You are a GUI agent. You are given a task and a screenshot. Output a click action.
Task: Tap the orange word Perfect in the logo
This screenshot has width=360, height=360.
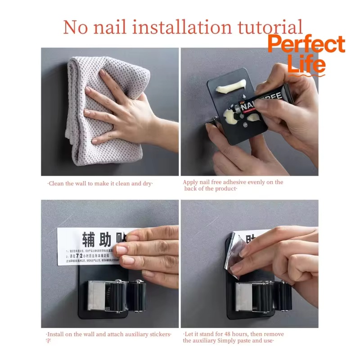(306, 45)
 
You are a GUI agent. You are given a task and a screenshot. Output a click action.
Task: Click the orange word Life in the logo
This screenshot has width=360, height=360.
(306, 63)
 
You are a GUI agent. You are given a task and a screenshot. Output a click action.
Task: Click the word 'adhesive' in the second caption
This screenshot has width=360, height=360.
(232, 182)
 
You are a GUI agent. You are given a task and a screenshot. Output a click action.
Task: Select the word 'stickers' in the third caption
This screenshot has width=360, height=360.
(158, 334)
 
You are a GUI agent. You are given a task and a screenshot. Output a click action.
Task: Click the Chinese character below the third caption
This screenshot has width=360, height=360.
(48, 341)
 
